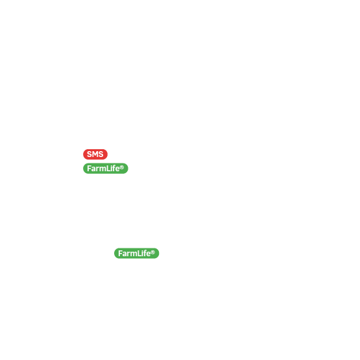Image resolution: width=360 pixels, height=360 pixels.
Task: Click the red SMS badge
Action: click(95, 154)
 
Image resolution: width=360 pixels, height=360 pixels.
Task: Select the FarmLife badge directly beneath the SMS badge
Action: click(106, 168)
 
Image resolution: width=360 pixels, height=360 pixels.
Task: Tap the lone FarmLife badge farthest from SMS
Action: click(137, 253)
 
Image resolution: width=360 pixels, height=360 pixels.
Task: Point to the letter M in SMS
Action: click(95, 154)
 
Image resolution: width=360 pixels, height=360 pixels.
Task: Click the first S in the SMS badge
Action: click(90, 154)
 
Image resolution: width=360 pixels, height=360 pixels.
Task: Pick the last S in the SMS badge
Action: click(101, 154)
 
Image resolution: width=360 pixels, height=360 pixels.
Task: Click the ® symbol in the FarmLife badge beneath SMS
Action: click(122, 167)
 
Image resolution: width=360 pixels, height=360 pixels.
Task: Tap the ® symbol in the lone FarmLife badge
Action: click(153, 252)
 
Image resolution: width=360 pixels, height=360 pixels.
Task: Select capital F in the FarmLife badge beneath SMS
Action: click(89, 169)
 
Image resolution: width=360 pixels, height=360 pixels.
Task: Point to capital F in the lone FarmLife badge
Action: click(120, 254)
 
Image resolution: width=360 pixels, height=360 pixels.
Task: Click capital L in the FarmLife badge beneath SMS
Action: click(108, 169)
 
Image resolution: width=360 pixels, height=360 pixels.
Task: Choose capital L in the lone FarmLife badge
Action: click(139, 254)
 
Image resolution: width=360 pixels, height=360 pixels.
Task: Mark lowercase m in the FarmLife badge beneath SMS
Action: click(103, 169)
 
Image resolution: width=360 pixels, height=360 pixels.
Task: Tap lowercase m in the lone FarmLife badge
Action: click(134, 254)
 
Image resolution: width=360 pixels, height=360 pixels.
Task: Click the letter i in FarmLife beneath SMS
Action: click(112, 169)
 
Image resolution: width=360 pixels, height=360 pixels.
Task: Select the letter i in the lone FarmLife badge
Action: click(143, 254)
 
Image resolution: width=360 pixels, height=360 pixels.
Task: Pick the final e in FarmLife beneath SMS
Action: click(117, 169)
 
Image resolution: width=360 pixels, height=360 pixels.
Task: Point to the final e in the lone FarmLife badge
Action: click(149, 254)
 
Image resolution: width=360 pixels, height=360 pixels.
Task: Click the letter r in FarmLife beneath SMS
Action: click(98, 169)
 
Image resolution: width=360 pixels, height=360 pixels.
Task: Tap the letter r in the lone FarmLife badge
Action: click(129, 254)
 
